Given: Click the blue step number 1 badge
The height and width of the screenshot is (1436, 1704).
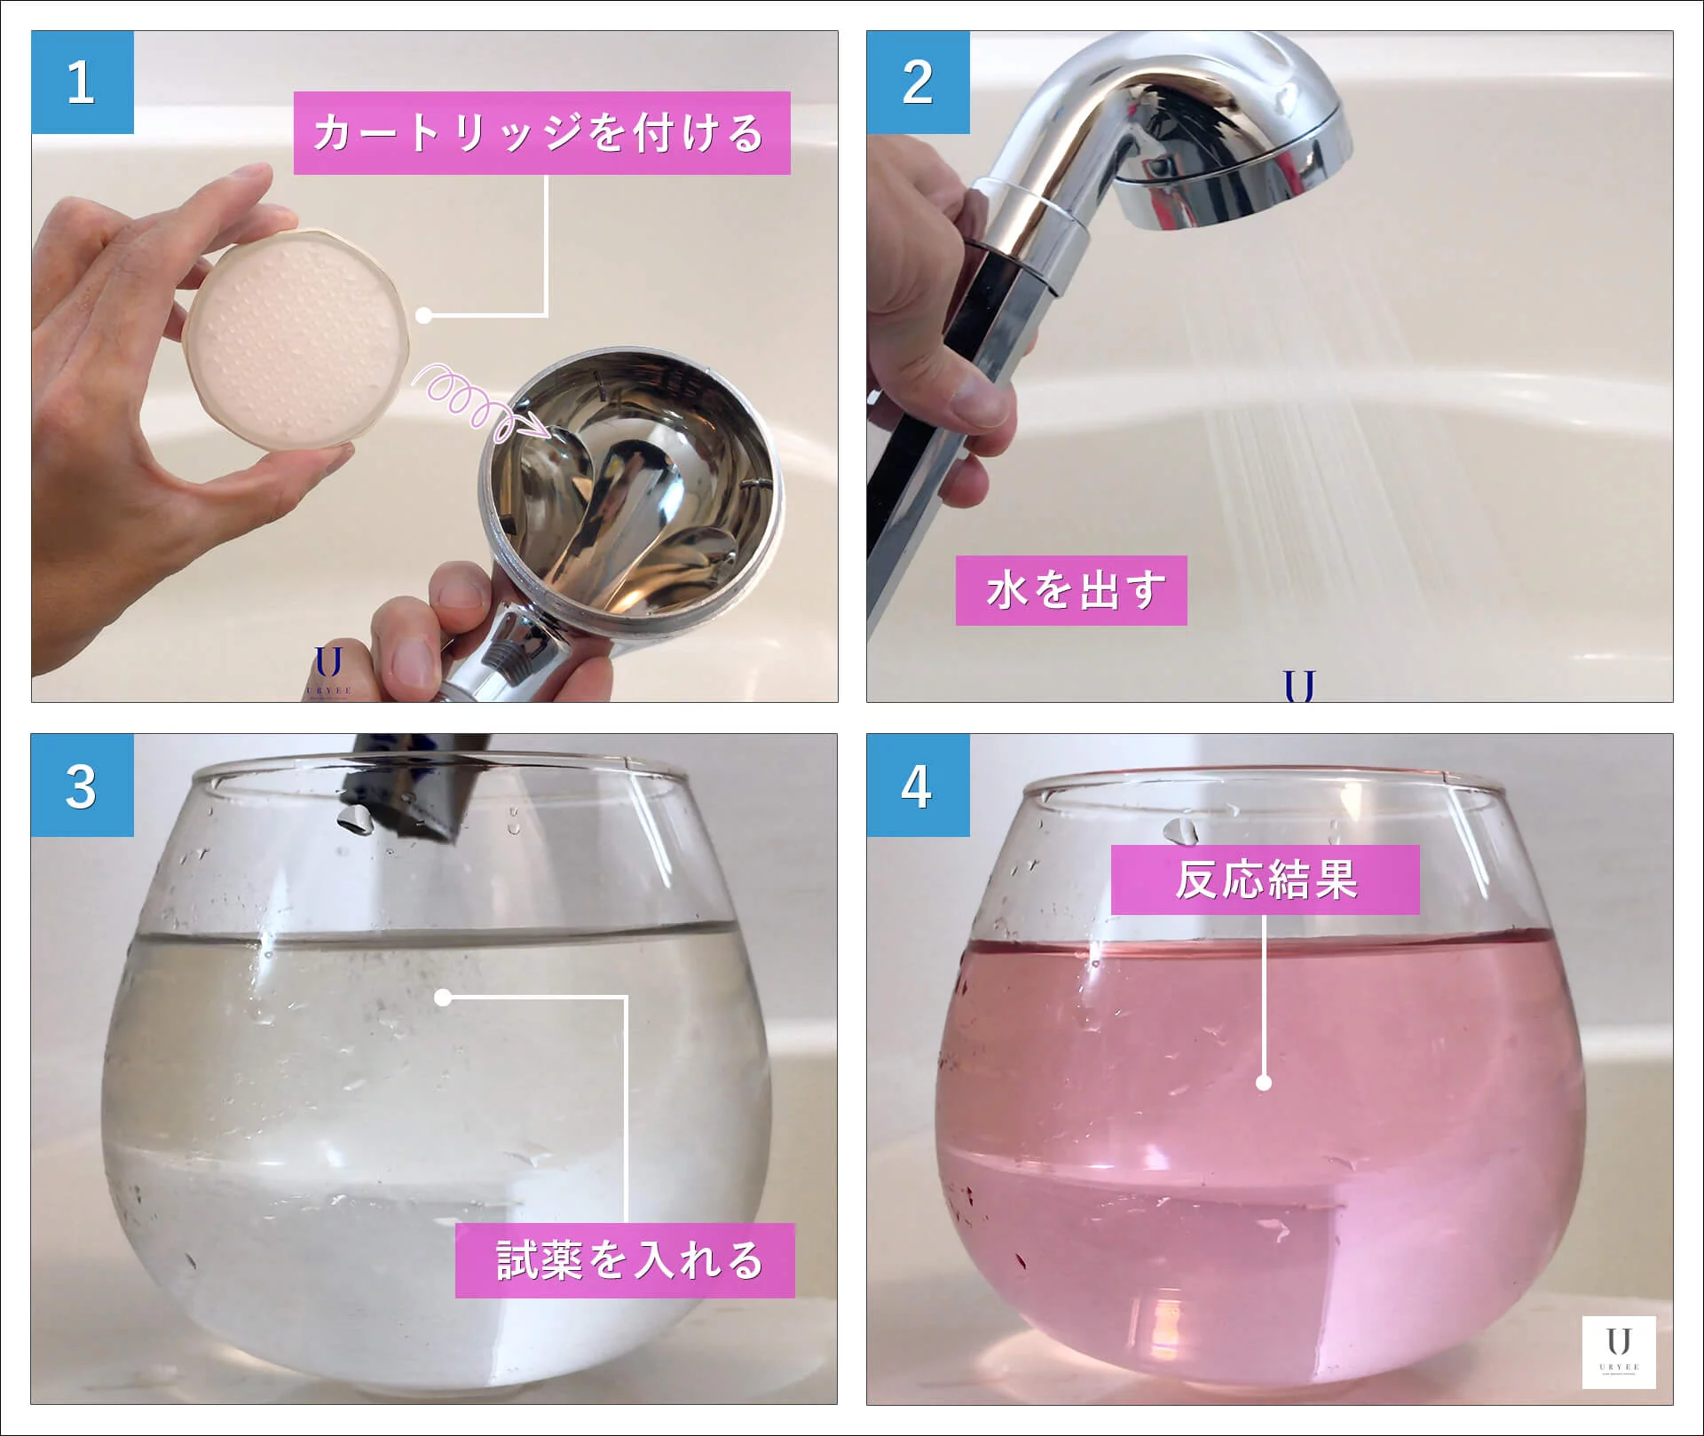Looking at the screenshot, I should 83,83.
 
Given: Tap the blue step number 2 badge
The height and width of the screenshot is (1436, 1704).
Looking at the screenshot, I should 918,83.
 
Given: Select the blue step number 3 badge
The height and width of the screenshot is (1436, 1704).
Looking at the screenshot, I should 83,785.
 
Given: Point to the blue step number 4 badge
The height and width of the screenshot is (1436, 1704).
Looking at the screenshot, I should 918,785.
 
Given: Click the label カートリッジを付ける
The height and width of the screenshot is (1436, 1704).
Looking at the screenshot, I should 541,133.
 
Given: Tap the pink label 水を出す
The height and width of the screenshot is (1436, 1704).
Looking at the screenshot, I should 1071,590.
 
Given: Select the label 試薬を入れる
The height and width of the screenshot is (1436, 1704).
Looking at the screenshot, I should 625,1260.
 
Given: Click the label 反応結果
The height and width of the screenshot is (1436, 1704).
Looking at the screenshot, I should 1265,880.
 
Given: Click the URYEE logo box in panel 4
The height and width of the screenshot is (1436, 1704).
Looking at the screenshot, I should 1619,1352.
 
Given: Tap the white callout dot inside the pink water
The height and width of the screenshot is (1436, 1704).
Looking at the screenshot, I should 1265,1083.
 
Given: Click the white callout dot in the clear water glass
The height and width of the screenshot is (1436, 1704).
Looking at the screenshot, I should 443,998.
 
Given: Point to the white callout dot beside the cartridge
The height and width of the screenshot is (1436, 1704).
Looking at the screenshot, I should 424,315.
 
